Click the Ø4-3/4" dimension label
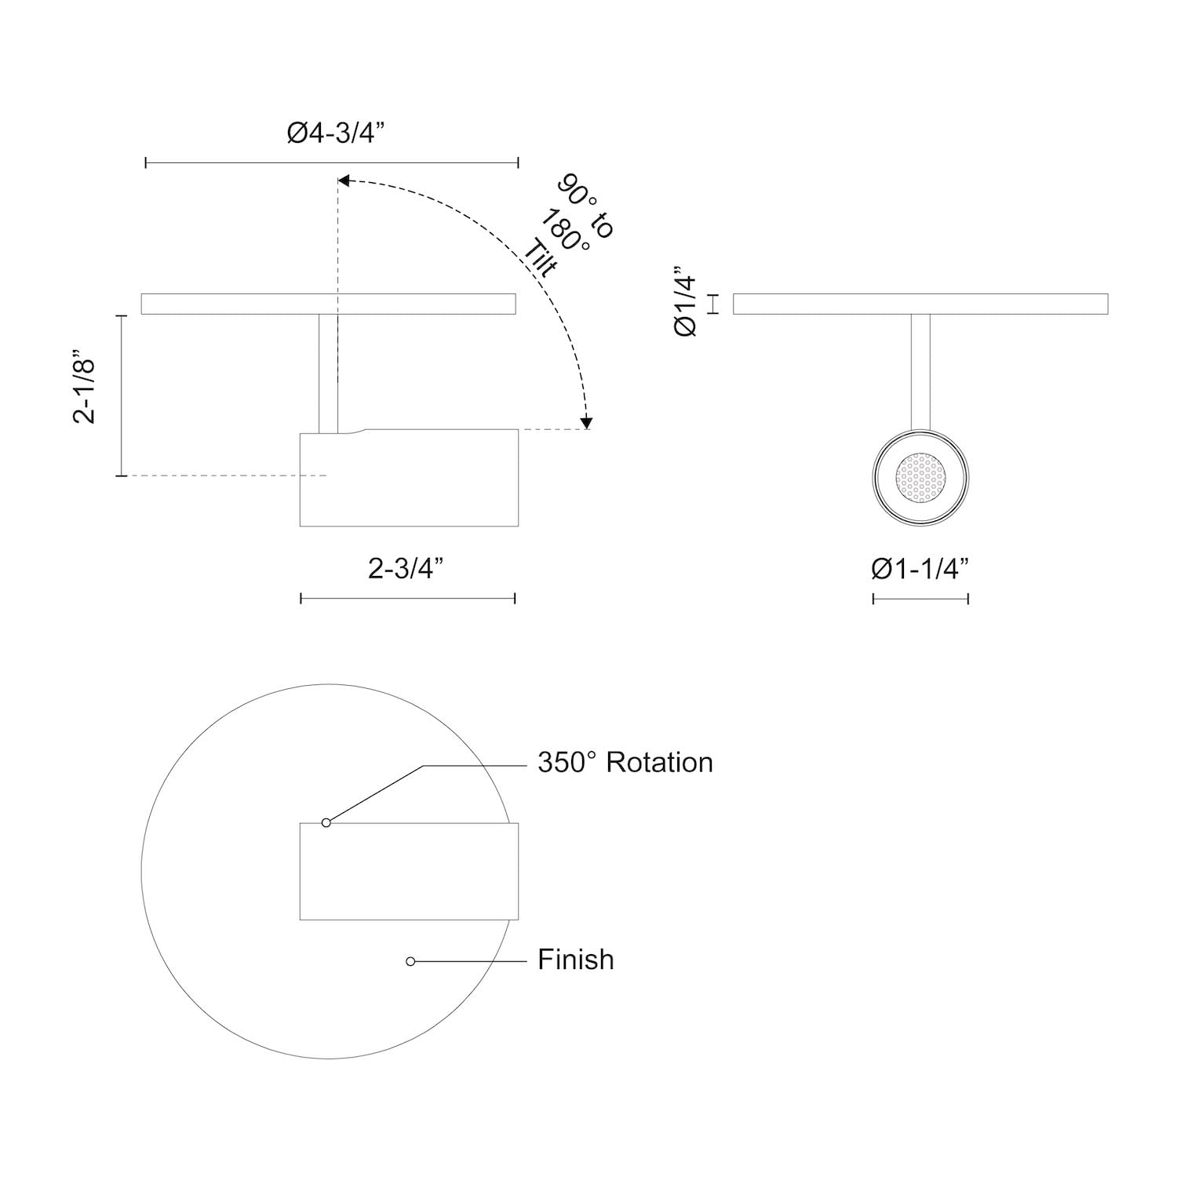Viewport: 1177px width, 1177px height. click(x=333, y=134)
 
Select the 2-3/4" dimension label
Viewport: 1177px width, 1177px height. click(x=407, y=568)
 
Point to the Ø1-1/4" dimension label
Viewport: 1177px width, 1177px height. click(x=920, y=568)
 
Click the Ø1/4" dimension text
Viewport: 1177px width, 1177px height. click(x=685, y=304)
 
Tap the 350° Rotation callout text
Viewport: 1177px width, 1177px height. click(x=625, y=762)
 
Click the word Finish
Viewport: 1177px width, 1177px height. click(x=576, y=959)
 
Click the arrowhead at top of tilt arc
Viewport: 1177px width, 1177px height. click(x=344, y=181)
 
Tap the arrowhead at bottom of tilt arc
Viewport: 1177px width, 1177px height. click(x=586, y=424)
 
